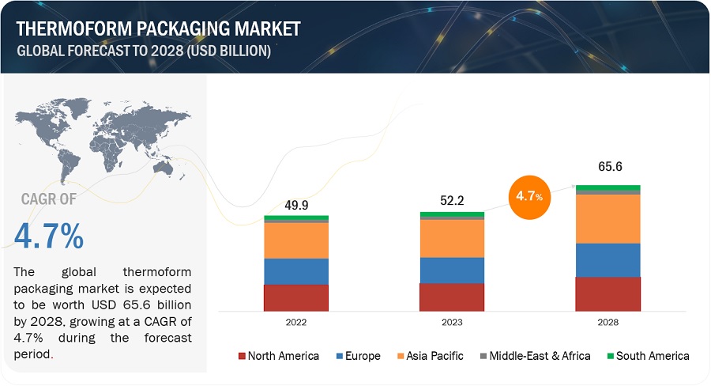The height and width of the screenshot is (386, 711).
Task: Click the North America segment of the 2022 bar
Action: [296, 298]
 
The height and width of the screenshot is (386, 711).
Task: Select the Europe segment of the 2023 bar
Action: [452, 270]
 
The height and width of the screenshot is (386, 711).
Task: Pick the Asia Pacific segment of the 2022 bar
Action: [296, 240]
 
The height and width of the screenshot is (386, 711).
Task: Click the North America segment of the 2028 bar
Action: [608, 294]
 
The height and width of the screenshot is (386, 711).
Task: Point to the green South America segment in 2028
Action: [608, 187]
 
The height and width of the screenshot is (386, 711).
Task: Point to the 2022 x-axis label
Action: [296, 323]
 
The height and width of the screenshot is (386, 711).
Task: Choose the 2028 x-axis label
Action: [608, 323]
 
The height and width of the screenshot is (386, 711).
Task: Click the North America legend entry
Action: [278, 356]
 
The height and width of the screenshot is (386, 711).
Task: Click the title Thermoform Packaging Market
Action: [158, 29]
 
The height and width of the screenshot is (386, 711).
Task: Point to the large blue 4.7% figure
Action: [49, 237]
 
